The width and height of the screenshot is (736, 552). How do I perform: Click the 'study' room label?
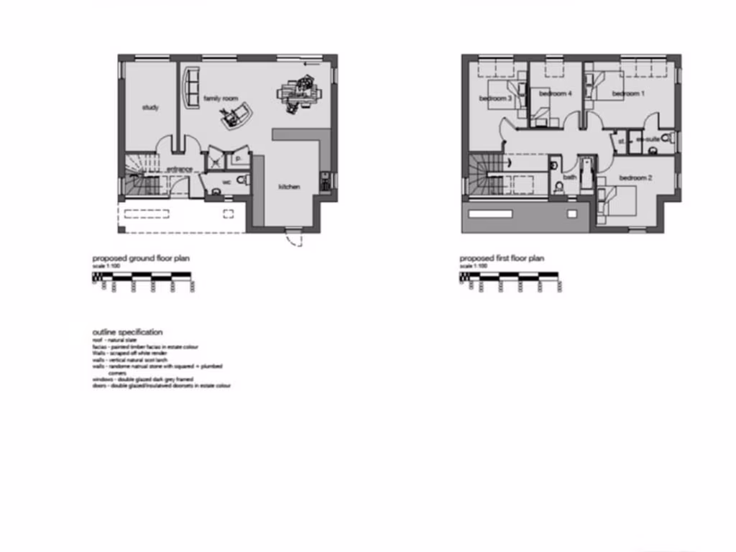pos(150,108)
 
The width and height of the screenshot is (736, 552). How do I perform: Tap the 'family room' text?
pos(220,97)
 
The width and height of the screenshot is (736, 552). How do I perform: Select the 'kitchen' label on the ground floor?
pos(289,187)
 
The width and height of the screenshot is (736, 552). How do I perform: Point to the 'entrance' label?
pos(179,170)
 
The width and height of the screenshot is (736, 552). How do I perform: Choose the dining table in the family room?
pos(298,93)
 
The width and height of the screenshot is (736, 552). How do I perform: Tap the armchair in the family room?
pos(236,115)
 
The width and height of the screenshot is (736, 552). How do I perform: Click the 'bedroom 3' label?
pos(495,98)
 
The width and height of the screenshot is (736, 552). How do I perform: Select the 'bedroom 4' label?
pos(555,93)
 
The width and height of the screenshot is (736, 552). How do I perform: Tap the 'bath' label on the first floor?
pos(569,177)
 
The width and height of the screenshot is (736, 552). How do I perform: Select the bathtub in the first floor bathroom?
pos(586,173)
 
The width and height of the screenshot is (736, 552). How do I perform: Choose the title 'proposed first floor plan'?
pos(502,258)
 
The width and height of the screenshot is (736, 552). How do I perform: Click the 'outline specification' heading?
pos(127,332)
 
